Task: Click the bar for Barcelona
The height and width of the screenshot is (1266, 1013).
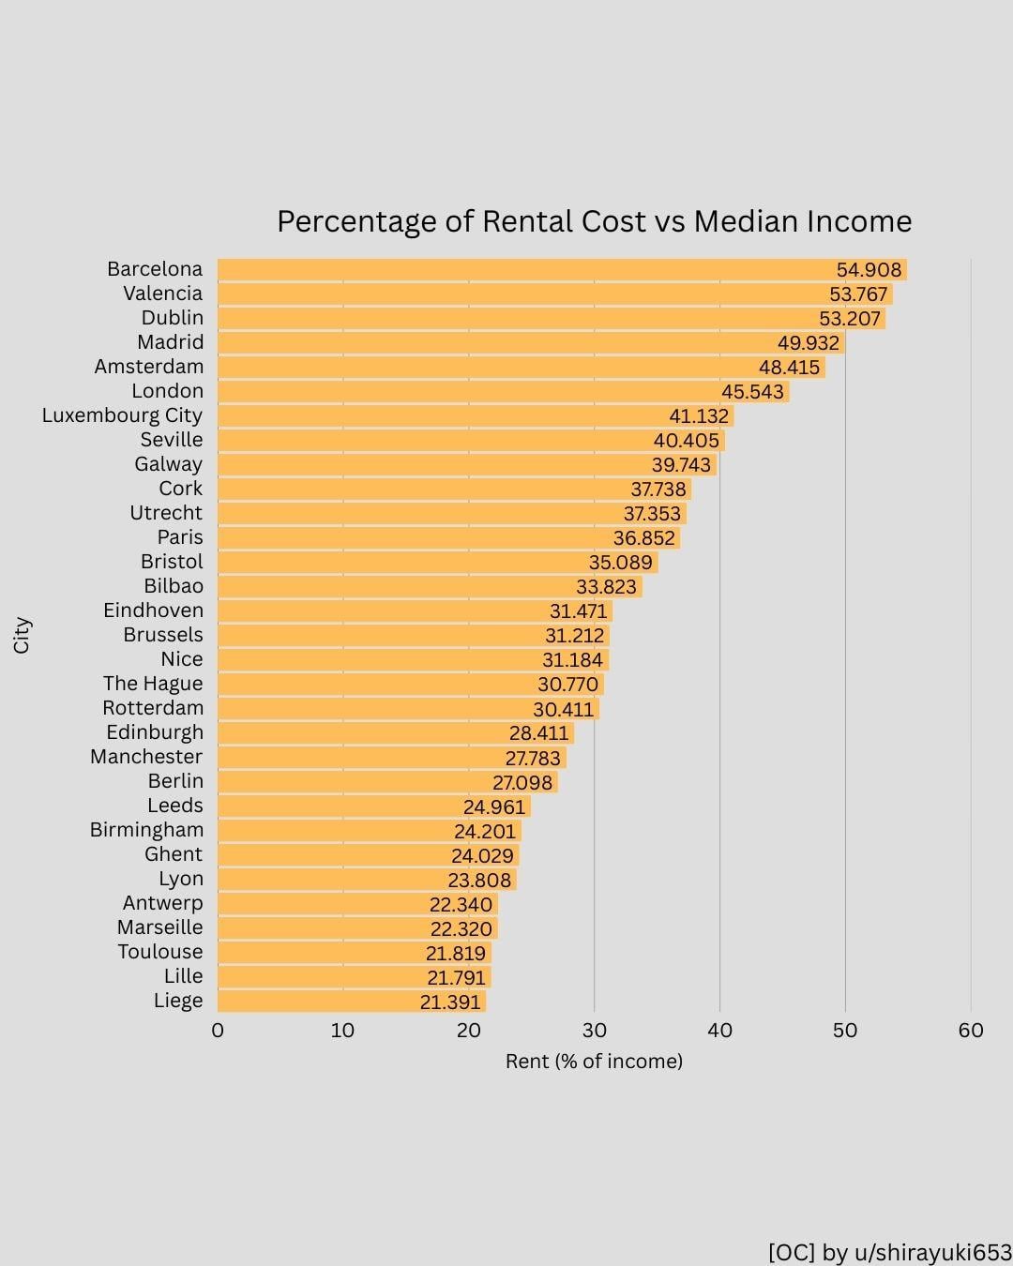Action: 525,270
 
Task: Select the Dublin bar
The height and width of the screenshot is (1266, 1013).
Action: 525,319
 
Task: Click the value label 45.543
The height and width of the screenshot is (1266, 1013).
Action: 752,392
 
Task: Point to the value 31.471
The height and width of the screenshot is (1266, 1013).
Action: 578,611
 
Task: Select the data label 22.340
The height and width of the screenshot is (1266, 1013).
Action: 461,904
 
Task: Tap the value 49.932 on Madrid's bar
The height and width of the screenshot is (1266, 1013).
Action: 809,343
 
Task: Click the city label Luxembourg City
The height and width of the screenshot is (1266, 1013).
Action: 122,415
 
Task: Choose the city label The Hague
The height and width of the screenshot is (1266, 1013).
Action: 153,684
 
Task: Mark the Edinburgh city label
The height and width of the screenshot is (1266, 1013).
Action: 155,732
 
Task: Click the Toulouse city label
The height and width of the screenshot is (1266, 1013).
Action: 160,952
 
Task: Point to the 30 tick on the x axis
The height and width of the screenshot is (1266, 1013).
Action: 594,1031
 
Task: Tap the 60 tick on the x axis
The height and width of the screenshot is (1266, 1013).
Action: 971,1031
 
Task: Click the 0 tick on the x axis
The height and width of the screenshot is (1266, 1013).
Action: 218,1031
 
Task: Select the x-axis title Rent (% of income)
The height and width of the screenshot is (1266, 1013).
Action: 594,1061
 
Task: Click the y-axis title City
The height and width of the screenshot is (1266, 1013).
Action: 22,635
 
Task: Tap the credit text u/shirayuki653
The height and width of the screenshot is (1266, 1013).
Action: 931,1253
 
